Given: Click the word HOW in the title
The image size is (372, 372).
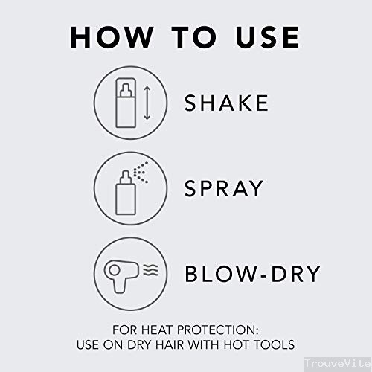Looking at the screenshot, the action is click(x=112, y=37).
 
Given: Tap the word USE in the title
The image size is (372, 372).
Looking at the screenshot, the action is click(x=268, y=37).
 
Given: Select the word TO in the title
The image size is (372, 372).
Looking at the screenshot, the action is click(x=194, y=37).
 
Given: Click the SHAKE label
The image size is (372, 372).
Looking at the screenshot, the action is click(x=226, y=103).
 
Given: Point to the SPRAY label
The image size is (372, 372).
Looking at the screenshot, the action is click(x=223, y=188).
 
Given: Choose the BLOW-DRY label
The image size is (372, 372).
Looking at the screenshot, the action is click(x=252, y=274).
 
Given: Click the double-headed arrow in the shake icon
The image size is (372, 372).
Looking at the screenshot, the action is click(x=147, y=103).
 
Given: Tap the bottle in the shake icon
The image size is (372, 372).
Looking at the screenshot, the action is click(x=126, y=103).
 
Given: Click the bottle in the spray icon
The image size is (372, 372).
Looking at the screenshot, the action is click(x=126, y=193).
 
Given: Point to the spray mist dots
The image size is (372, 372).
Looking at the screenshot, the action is click(x=141, y=173).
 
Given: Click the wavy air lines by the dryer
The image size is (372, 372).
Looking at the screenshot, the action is click(x=151, y=270).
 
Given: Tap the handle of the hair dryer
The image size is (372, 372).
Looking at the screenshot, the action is click(x=119, y=286).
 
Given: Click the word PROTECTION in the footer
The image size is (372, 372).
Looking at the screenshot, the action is click(x=217, y=330).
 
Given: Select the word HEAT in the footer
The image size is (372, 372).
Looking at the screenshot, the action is click(x=157, y=330).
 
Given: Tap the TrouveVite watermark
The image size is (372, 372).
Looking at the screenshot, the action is click(x=338, y=364).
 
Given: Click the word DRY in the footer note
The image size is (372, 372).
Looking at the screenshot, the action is click(x=139, y=344).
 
